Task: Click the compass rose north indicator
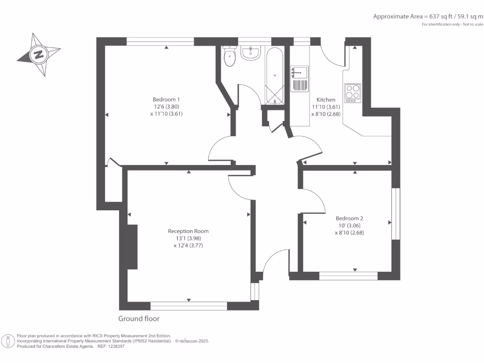[x=38, y=54]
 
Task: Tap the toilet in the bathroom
[x=230, y=59]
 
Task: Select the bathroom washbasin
[x=251, y=53]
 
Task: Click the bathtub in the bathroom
[x=274, y=76]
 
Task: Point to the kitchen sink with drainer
[x=299, y=78]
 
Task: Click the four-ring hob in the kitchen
[x=352, y=93]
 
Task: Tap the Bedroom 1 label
[x=166, y=99]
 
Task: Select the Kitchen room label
[x=326, y=100]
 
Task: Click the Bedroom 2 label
[x=349, y=218]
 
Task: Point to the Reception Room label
[x=188, y=231]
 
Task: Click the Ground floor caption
[x=138, y=319]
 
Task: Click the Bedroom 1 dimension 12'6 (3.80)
[x=166, y=106]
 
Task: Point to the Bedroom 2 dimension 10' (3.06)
[x=349, y=225]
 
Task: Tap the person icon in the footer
[x=8, y=341]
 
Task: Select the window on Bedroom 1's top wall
[x=161, y=42]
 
